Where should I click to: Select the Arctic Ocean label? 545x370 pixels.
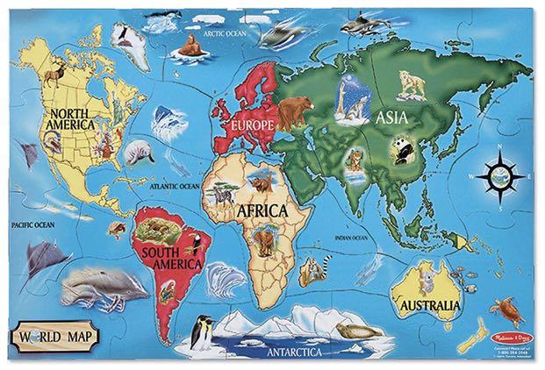click(x=223, y=34)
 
